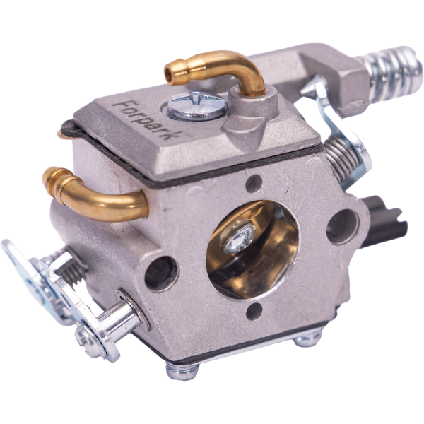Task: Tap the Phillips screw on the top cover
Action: click(x=196, y=106)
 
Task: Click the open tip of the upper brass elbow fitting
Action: click(x=170, y=73)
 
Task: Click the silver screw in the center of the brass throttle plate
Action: click(x=240, y=240)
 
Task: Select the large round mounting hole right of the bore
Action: click(x=342, y=227)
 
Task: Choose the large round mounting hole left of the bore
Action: click(x=161, y=274)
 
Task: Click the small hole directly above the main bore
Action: click(x=254, y=184)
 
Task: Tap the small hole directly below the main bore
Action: click(x=254, y=312)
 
